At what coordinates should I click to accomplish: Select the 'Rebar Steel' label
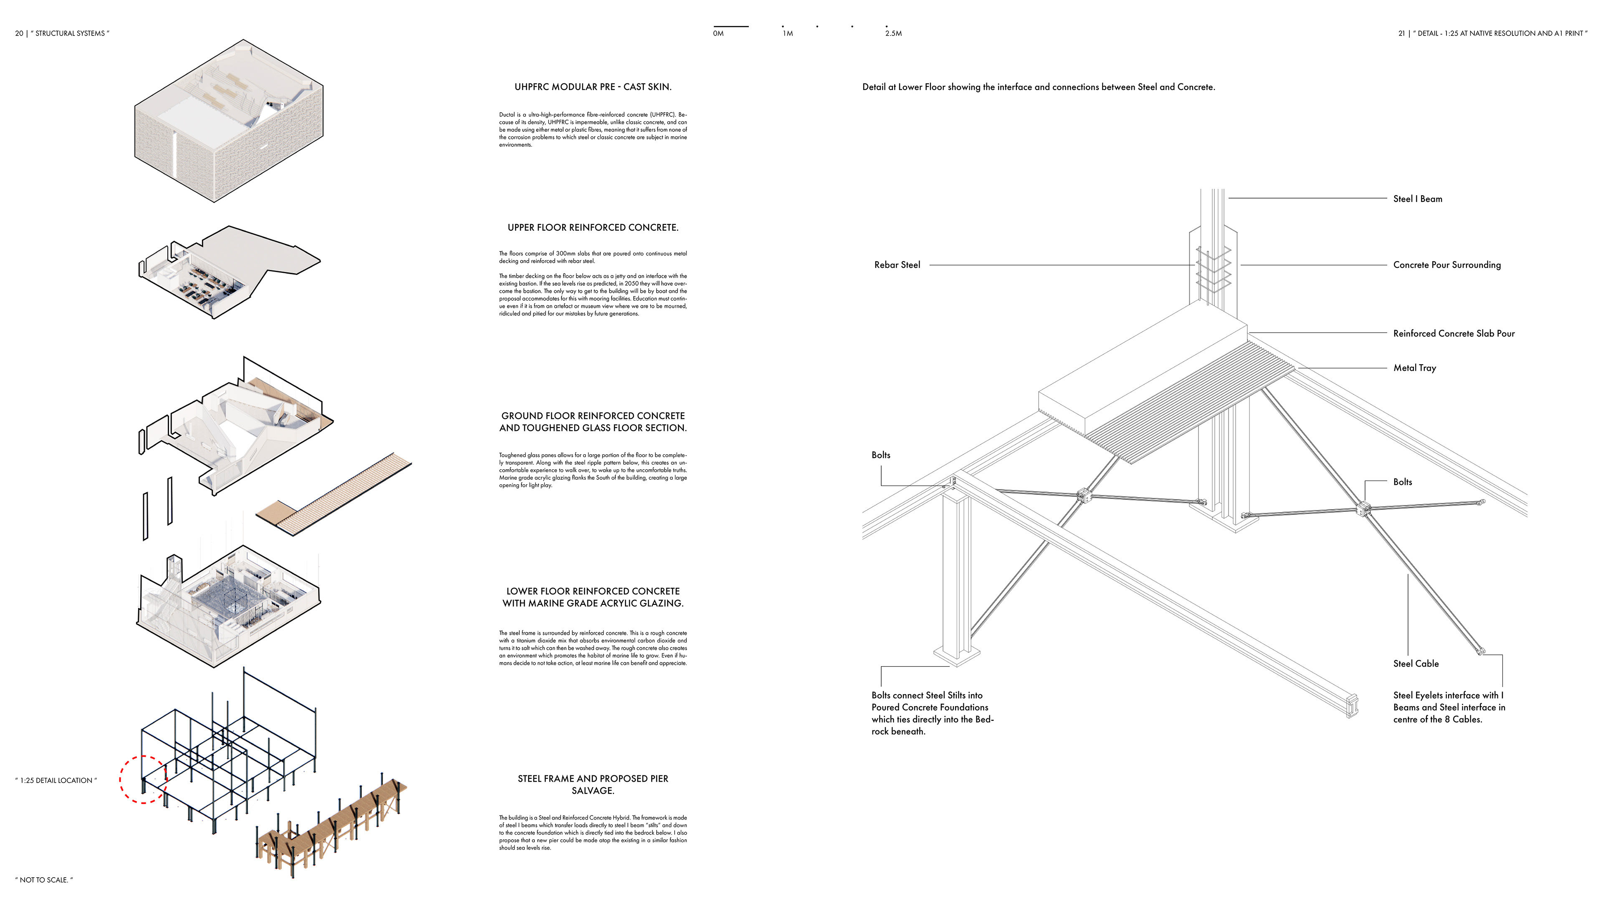click(897, 265)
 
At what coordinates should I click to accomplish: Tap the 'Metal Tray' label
click(1414, 368)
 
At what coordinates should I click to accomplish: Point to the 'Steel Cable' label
click(1416, 664)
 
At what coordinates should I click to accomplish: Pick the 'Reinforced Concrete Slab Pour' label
click(1453, 333)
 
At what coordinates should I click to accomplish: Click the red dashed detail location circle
click(143, 780)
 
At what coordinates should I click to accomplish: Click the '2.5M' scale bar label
click(893, 33)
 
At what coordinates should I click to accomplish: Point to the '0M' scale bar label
click(718, 33)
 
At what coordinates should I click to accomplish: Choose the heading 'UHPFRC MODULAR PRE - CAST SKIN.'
click(592, 87)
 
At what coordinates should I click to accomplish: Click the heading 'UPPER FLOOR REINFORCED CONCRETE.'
click(592, 228)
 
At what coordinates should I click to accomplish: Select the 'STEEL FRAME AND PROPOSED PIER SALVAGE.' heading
click(592, 784)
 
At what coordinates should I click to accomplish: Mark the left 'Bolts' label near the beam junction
click(880, 455)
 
